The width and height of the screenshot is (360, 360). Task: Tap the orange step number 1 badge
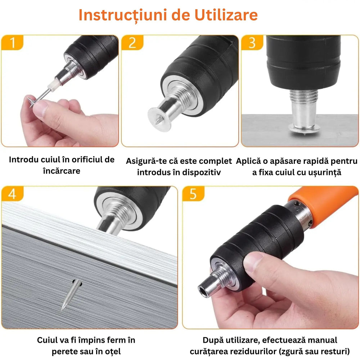(x=12, y=43)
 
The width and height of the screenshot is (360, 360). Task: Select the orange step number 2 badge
(x=132, y=43)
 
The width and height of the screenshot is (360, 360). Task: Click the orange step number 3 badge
(x=252, y=43)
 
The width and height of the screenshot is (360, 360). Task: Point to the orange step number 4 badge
(x=12, y=194)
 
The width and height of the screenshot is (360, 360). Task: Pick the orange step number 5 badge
(x=193, y=194)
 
